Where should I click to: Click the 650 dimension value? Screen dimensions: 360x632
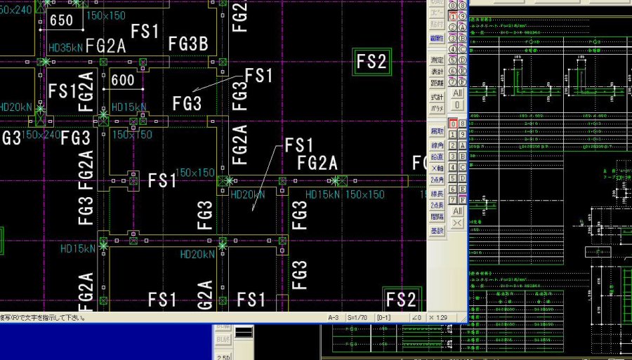pyautogui.click(x=62, y=21)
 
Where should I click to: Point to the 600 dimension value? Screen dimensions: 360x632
pyautogui.click(x=123, y=81)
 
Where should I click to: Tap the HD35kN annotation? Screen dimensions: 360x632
pyautogui.click(x=66, y=48)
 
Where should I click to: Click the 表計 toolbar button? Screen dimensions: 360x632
pyautogui.click(x=437, y=72)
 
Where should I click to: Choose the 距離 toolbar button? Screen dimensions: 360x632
pyautogui.click(x=437, y=83)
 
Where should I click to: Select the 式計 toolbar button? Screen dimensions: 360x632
pyautogui.click(x=437, y=97)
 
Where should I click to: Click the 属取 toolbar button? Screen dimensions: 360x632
pyautogui.click(x=437, y=131)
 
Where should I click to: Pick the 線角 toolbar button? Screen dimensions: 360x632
pyautogui.click(x=437, y=145)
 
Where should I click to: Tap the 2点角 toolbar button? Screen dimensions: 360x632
pyautogui.click(x=437, y=180)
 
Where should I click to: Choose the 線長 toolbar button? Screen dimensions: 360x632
pyautogui.click(x=437, y=193)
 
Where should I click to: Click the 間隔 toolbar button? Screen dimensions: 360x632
pyautogui.click(x=437, y=217)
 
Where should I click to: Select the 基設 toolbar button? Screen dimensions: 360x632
pyautogui.click(x=437, y=229)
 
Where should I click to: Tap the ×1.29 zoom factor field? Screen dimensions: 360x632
pyautogui.click(x=442, y=318)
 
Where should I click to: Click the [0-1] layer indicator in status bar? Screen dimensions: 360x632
pyautogui.click(x=385, y=318)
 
